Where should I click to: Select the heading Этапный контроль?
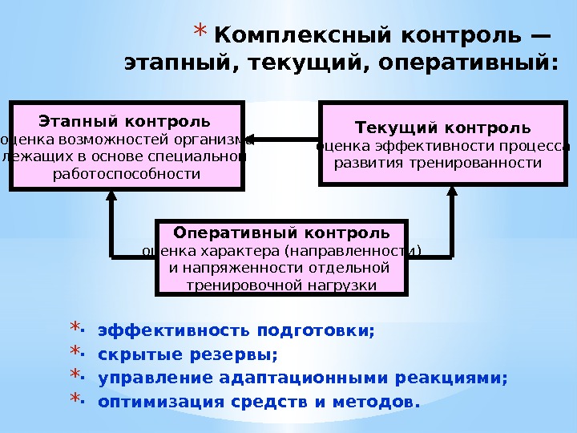pyautogui.click(x=125, y=122)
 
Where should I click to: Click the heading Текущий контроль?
pyautogui.click(x=443, y=127)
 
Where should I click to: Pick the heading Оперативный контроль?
pyautogui.click(x=282, y=233)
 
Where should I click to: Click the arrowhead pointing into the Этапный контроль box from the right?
pyautogui.click(x=251, y=140)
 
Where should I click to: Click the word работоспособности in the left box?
pyautogui.click(x=127, y=172)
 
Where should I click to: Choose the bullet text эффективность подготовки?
pyautogui.click(x=236, y=330)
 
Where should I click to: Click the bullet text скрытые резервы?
pyautogui.click(x=188, y=354)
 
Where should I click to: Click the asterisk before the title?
pyautogui.click(x=200, y=34)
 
